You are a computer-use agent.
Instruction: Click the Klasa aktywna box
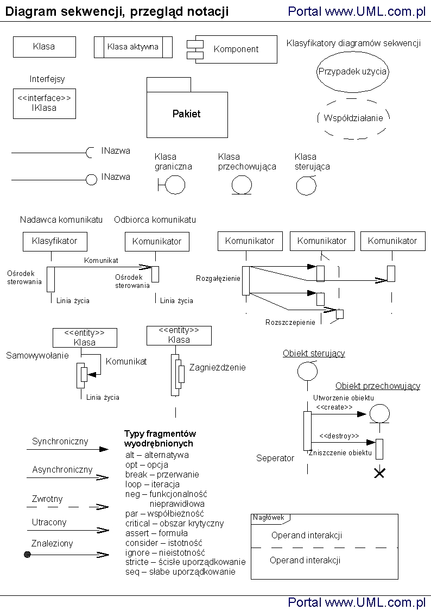[x=133, y=47]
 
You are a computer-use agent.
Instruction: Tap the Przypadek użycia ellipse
[x=352, y=71]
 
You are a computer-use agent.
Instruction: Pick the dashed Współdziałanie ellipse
[x=353, y=118]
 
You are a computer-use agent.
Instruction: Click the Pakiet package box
[x=187, y=114]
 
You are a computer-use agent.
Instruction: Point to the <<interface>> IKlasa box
[x=44, y=103]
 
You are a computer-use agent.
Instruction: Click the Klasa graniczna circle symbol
[x=174, y=185]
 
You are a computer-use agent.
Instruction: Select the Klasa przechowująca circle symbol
[x=242, y=185]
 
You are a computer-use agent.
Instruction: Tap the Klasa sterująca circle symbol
[x=306, y=186]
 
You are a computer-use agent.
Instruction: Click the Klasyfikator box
[x=54, y=241]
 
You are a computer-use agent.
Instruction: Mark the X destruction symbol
[x=379, y=473]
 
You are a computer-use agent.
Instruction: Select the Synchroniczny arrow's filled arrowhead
[x=104, y=450]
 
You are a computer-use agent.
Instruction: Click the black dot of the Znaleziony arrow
[x=27, y=554]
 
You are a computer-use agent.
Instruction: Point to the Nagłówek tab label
[x=269, y=518]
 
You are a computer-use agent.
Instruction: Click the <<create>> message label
[x=334, y=407]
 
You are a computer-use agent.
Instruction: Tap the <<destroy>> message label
[x=339, y=436]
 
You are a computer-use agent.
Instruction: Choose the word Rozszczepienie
[x=290, y=322]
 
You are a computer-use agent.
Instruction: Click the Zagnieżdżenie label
[x=217, y=368]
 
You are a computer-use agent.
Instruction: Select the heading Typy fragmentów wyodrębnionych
[x=160, y=438]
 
